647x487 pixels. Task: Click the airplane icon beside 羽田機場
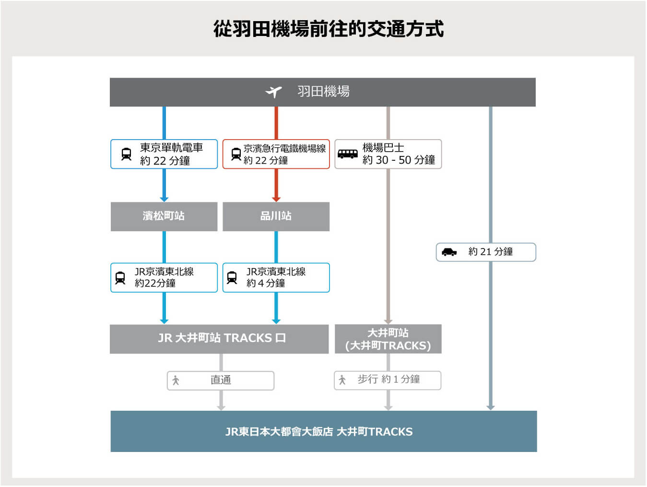(x=273, y=92)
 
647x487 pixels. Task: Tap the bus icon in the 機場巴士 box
(x=348, y=154)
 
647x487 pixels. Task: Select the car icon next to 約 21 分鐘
(x=449, y=252)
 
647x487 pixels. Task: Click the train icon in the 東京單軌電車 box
(x=127, y=154)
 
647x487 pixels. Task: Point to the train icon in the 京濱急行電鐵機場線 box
(x=236, y=154)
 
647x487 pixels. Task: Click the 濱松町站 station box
(x=164, y=217)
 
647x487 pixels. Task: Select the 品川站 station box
(x=276, y=217)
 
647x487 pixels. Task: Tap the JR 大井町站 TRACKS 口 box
(x=219, y=339)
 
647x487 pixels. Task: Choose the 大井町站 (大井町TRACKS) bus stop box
(x=388, y=339)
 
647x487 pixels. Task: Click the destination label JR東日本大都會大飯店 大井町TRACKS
(x=319, y=432)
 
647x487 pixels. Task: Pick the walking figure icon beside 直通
(x=176, y=380)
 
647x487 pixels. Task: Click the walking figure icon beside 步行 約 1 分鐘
(x=342, y=380)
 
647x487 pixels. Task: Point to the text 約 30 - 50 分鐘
(x=399, y=160)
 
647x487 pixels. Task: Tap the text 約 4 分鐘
(x=266, y=283)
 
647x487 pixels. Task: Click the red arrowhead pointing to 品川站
(x=276, y=200)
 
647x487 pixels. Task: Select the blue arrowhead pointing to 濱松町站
(x=164, y=200)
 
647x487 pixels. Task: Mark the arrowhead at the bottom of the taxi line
(x=491, y=408)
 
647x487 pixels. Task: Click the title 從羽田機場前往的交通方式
(x=329, y=29)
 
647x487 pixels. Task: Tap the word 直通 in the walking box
(x=221, y=380)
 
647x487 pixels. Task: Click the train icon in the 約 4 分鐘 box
(x=232, y=278)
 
